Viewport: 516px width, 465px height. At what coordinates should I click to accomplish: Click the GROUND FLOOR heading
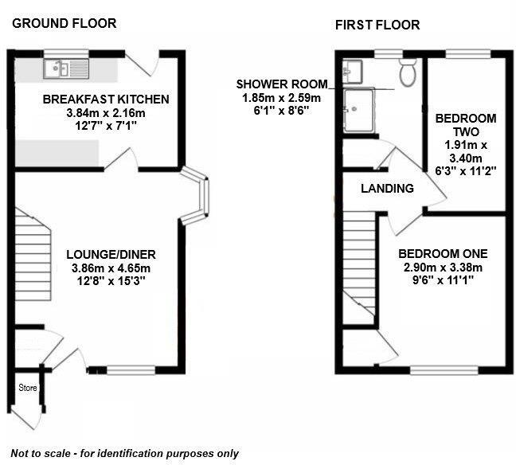click(x=64, y=23)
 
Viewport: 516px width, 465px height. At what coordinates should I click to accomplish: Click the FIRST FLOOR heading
click(x=377, y=25)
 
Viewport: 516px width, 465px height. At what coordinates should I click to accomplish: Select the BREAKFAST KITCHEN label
click(x=106, y=100)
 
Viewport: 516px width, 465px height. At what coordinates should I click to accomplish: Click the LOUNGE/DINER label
click(x=111, y=255)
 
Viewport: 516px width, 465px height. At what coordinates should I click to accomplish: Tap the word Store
click(x=29, y=388)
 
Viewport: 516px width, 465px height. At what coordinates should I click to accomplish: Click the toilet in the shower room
click(x=408, y=72)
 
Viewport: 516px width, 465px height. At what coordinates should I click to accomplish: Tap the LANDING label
click(x=387, y=189)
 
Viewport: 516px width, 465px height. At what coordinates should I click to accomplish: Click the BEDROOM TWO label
click(x=465, y=126)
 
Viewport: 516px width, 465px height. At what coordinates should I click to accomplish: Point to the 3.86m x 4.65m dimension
click(x=111, y=268)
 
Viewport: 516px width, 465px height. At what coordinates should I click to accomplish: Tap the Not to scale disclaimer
click(x=125, y=452)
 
